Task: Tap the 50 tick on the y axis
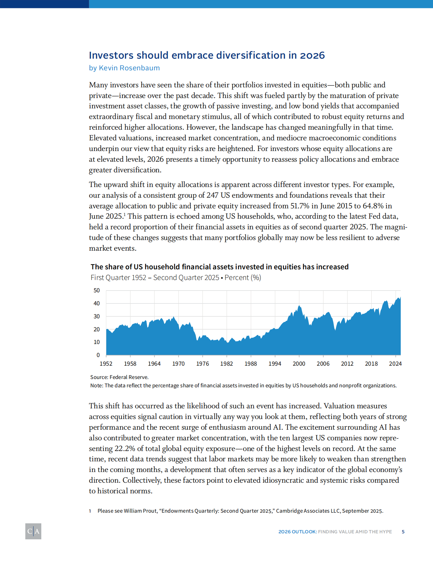tap(97, 290)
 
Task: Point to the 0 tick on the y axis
tap(98, 355)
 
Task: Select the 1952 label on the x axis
tap(106, 364)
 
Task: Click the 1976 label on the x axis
tap(203, 364)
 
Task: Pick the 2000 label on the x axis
tap(299, 364)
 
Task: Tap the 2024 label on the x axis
tap(395, 364)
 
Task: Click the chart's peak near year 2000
tap(299, 306)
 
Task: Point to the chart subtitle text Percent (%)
tap(243, 278)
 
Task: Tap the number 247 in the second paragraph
tap(212, 195)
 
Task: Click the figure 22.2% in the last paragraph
tap(125, 448)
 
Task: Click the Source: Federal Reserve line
tap(119, 377)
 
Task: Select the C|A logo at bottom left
tap(33, 531)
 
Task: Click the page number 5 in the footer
tap(403, 532)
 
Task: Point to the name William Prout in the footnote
tap(140, 511)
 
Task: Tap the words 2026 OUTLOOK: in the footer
tap(297, 532)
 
